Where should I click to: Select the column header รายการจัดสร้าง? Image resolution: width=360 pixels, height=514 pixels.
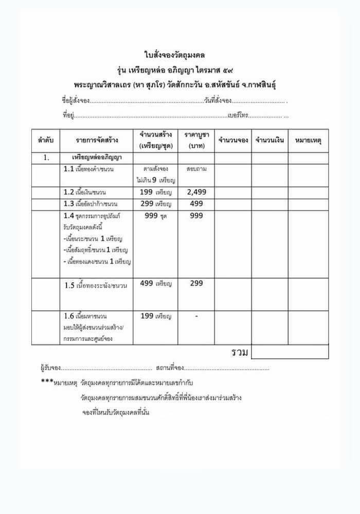[96, 140]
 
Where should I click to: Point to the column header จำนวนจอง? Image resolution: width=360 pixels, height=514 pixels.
[233, 140]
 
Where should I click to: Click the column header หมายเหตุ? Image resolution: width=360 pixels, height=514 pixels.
[308, 140]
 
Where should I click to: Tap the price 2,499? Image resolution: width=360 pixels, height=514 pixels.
[196, 192]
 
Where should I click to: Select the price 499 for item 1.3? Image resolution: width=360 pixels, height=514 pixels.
[196, 204]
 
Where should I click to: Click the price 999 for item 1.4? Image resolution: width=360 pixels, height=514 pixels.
[196, 216]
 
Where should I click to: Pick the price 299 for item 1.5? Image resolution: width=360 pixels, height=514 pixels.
[196, 283]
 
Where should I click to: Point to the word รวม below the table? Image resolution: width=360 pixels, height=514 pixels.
[240, 352]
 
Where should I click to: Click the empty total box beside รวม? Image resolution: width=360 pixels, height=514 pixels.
[290, 352]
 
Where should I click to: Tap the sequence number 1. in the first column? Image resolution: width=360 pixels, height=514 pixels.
[46, 158]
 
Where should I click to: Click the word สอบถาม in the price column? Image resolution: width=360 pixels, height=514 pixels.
[196, 169]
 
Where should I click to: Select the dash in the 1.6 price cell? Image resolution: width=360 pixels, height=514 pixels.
[196, 316]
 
